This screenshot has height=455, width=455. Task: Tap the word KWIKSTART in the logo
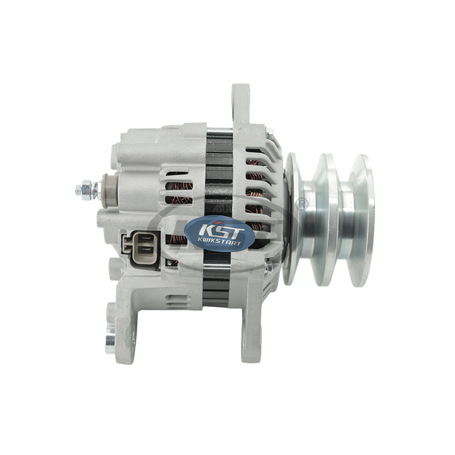[220, 243]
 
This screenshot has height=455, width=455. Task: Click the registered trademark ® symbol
[301, 204]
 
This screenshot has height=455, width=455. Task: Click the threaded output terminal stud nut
[86, 191]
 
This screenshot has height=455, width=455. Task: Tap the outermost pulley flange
[361, 221]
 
